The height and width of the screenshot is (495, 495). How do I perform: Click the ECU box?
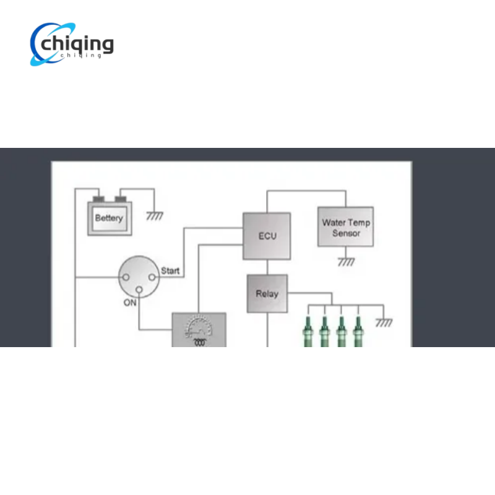267,236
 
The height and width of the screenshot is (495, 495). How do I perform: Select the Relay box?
267,293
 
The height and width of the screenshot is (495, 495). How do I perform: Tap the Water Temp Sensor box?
346,226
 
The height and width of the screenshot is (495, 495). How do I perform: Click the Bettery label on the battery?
109,218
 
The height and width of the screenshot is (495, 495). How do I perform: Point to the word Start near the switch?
170,270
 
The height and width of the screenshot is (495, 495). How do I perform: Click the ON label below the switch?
130,303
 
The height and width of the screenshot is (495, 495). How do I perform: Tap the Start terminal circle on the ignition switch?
152,277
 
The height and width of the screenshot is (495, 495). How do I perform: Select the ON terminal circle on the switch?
139,290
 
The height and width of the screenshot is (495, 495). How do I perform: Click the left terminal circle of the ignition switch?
126,277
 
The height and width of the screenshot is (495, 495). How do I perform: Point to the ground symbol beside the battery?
154,215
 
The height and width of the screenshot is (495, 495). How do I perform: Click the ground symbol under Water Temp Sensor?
346,262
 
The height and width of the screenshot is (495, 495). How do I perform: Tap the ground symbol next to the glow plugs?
384,322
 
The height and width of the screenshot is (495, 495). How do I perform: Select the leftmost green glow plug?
308,332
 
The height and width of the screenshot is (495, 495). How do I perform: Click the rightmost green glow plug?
358,332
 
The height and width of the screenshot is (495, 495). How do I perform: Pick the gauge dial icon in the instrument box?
199,327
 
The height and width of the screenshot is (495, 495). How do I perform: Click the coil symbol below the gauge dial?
199,343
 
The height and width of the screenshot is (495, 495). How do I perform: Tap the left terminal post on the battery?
99,199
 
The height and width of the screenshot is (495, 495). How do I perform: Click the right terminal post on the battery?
120,199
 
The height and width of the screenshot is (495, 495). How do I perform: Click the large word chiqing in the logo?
77,44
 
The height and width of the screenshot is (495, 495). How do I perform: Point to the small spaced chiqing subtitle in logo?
81,55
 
